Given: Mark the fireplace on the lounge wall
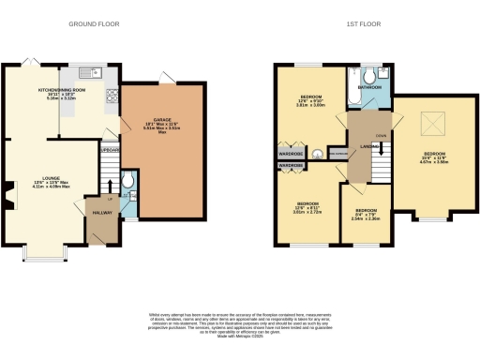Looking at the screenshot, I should coord(7,198).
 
